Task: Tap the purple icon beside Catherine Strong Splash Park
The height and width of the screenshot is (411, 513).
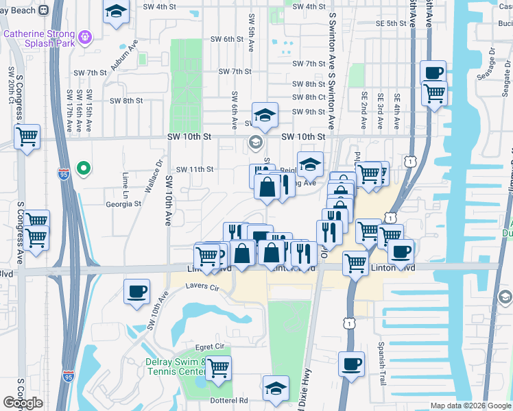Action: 85,36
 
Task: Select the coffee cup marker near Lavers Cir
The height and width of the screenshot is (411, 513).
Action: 136,291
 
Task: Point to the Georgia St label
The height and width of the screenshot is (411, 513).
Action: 123,203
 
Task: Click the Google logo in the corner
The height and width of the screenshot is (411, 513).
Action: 23,403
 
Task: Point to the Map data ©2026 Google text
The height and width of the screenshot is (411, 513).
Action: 470,406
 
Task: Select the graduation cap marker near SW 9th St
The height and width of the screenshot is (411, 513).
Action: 265,115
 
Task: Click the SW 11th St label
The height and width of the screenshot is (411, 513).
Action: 195,169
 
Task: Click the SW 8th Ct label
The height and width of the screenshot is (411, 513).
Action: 308,97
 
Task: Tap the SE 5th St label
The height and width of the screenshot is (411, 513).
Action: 392,23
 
